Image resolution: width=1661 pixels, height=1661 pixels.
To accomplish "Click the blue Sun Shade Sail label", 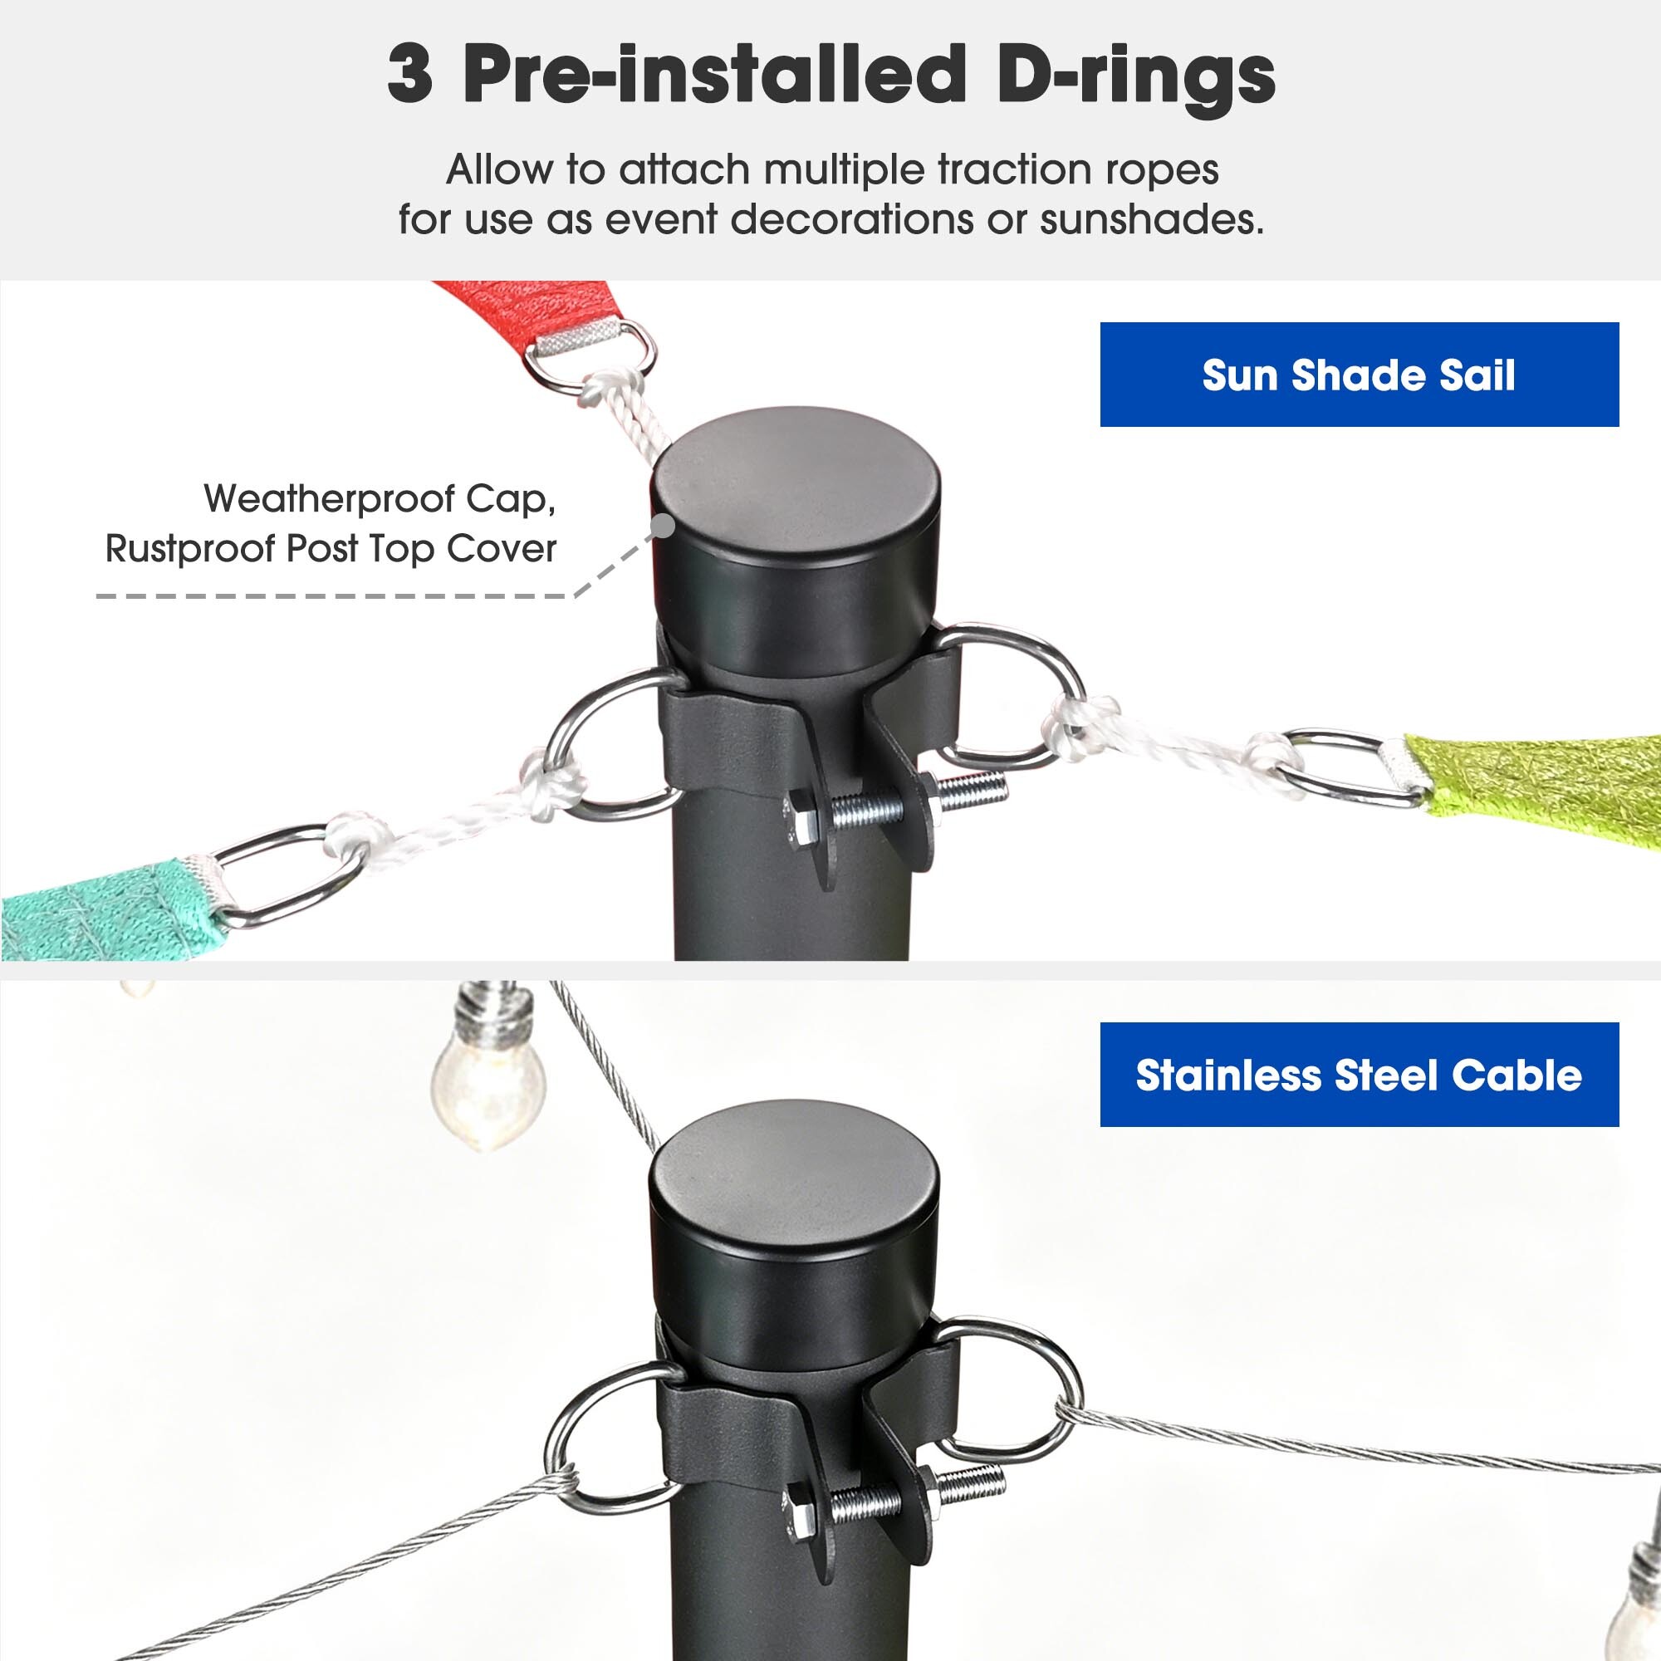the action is pyautogui.click(x=1360, y=374).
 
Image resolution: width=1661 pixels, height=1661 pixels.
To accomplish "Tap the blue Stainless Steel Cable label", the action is pyautogui.click(x=1360, y=1075).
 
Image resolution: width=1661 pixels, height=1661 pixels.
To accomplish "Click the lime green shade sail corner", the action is pyautogui.click(x=1539, y=778).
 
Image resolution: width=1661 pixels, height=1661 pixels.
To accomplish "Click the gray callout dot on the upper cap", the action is pyautogui.click(x=663, y=526).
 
